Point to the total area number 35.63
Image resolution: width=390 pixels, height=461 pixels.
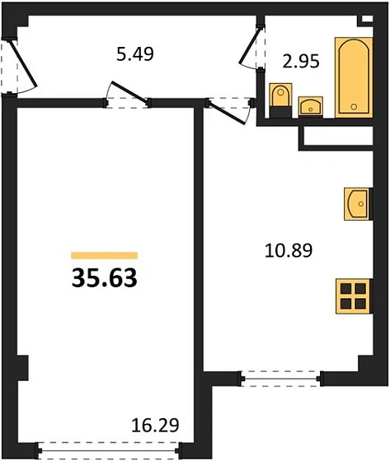coord(104,279)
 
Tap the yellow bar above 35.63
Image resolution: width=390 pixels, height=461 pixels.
coord(104,256)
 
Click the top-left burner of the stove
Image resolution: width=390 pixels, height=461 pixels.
coord(348,290)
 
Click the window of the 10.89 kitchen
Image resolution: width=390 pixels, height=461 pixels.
coord(280,379)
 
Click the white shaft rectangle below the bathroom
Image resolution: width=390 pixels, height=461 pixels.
coord(338,137)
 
